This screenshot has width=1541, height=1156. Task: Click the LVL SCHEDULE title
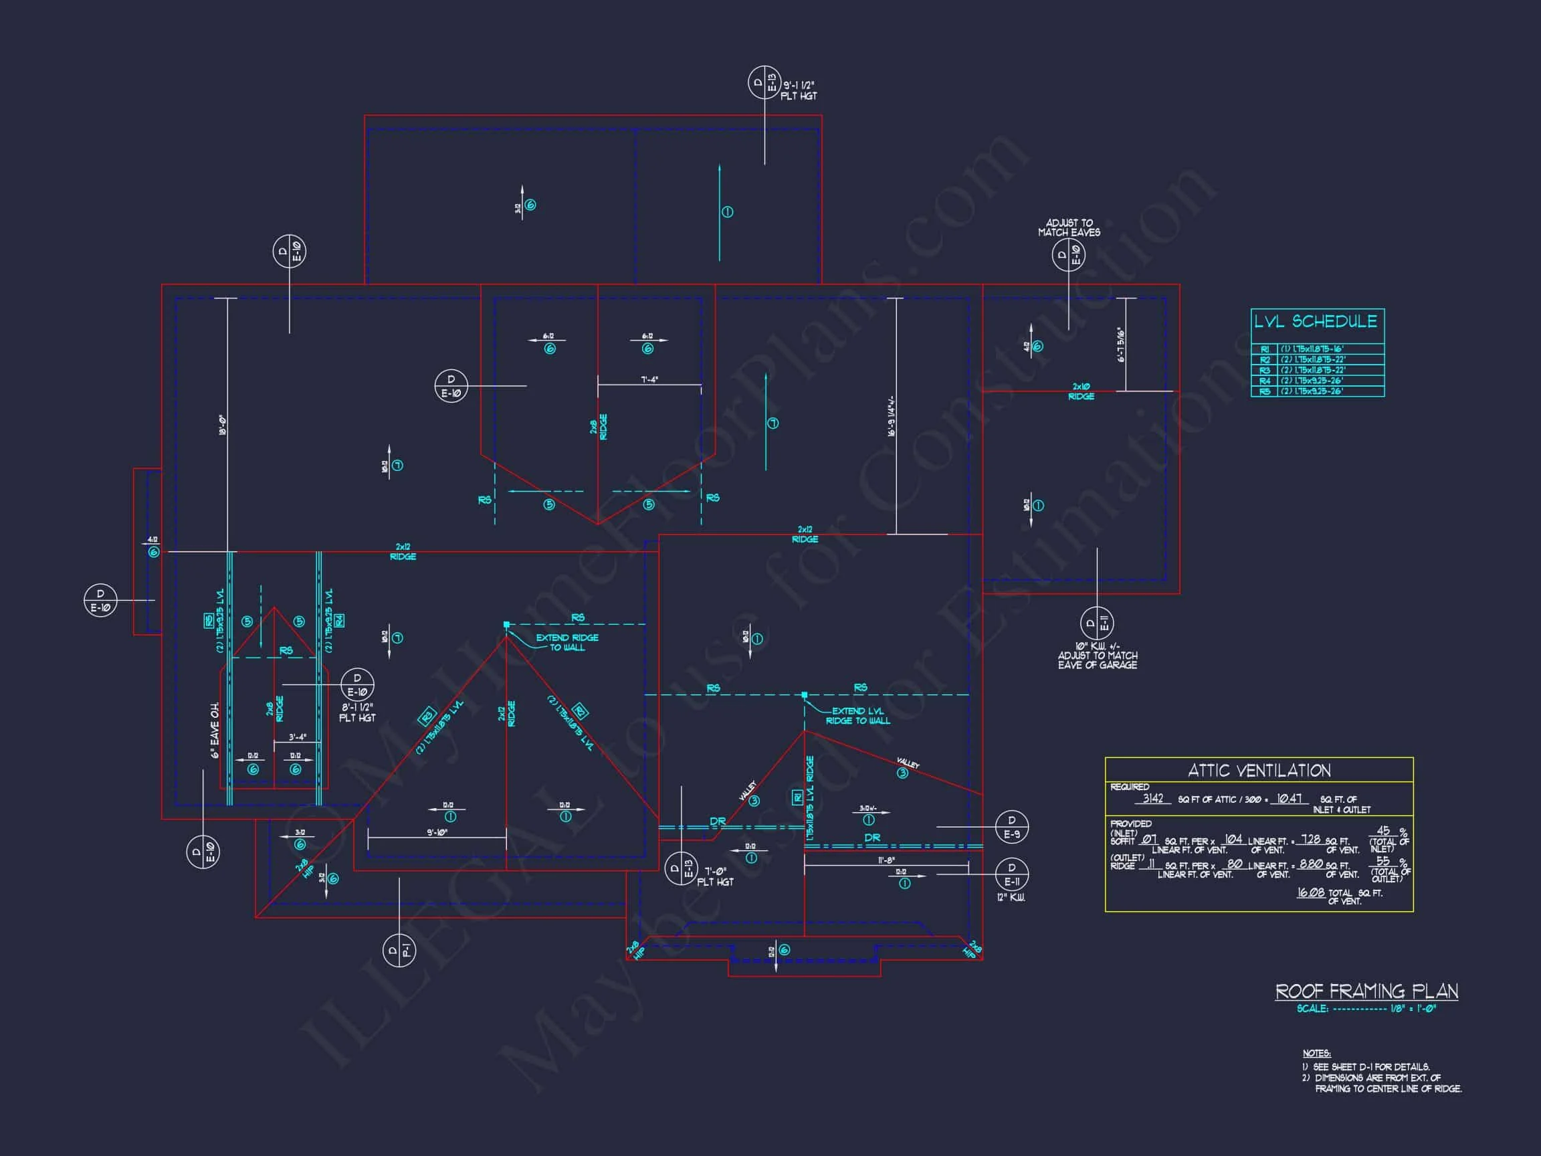point(1316,321)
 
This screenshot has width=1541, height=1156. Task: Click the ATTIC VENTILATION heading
point(1259,771)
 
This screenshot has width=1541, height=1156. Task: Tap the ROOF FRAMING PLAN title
point(1366,991)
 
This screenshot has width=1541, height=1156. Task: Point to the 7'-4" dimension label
point(649,380)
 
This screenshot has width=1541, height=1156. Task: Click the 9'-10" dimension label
point(437,832)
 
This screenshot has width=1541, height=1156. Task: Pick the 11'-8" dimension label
point(886,860)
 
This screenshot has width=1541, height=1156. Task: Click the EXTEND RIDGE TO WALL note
point(567,642)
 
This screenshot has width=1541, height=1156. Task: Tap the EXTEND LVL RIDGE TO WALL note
point(857,716)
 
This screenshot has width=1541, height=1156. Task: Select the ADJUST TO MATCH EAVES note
point(1069,228)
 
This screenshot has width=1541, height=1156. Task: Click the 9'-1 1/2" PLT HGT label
point(799,90)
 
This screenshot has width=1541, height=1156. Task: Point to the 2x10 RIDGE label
point(1082,391)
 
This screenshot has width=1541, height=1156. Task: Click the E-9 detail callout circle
point(1011,827)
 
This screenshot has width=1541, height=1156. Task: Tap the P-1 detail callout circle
point(399,951)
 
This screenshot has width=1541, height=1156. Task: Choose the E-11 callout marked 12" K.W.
point(1011,874)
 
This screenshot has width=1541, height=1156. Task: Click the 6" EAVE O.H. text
point(215,730)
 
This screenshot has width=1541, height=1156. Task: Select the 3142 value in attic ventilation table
point(1153,799)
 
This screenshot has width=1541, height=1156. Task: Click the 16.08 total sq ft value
point(1310,892)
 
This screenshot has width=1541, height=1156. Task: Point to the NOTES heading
point(1317,1054)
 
